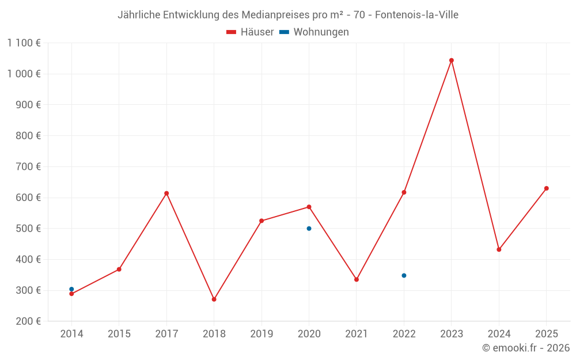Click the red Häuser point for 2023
click(x=452, y=60)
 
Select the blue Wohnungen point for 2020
click(x=309, y=229)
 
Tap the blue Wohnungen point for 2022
click(x=404, y=275)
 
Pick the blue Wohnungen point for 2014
click(x=71, y=289)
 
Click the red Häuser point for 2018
click(x=214, y=300)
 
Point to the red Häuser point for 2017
click(x=166, y=194)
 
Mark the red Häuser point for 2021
click(x=357, y=279)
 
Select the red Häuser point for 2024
click(x=499, y=249)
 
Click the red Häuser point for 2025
click(x=547, y=188)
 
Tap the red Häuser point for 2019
click(x=262, y=221)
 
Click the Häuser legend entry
click(x=250, y=32)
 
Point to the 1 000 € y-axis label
click(x=24, y=74)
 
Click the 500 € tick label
click(x=29, y=229)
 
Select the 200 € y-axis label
click(x=29, y=321)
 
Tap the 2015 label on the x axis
click(x=119, y=334)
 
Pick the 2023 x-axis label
click(x=452, y=334)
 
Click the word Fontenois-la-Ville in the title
click(x=416, y=15)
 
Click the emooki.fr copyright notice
click(x=525, y=348)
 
